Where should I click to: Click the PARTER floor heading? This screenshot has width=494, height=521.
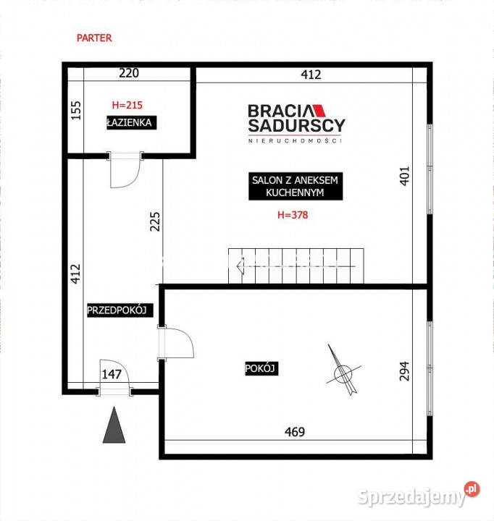coord(94,38)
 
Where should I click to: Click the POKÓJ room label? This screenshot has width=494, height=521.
coord(261,368)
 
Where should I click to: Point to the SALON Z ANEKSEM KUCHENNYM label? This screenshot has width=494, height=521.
coord(296,186)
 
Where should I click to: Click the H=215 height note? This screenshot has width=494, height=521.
coord(127,105)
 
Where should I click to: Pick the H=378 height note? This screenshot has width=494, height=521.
coord(293,215)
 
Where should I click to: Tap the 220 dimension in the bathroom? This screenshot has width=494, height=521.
coord(129,73)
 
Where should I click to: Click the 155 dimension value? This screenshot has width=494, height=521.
coord(76,110)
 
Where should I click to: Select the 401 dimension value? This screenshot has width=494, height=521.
coord(404,176)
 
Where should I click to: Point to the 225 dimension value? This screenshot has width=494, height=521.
coord(155,221)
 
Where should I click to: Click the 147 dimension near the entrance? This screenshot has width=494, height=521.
coord(112,375)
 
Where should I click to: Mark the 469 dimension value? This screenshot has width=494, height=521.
coord(295,432)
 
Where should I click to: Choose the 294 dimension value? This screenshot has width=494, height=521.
coord(404,371)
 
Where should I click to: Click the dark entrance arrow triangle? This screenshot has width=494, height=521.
coord(114,425)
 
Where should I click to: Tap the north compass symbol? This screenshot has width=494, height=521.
coord(343,370)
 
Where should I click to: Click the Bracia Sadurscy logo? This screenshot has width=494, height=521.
coord(296,124)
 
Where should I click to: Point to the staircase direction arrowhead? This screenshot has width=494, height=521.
coord(240,266)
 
